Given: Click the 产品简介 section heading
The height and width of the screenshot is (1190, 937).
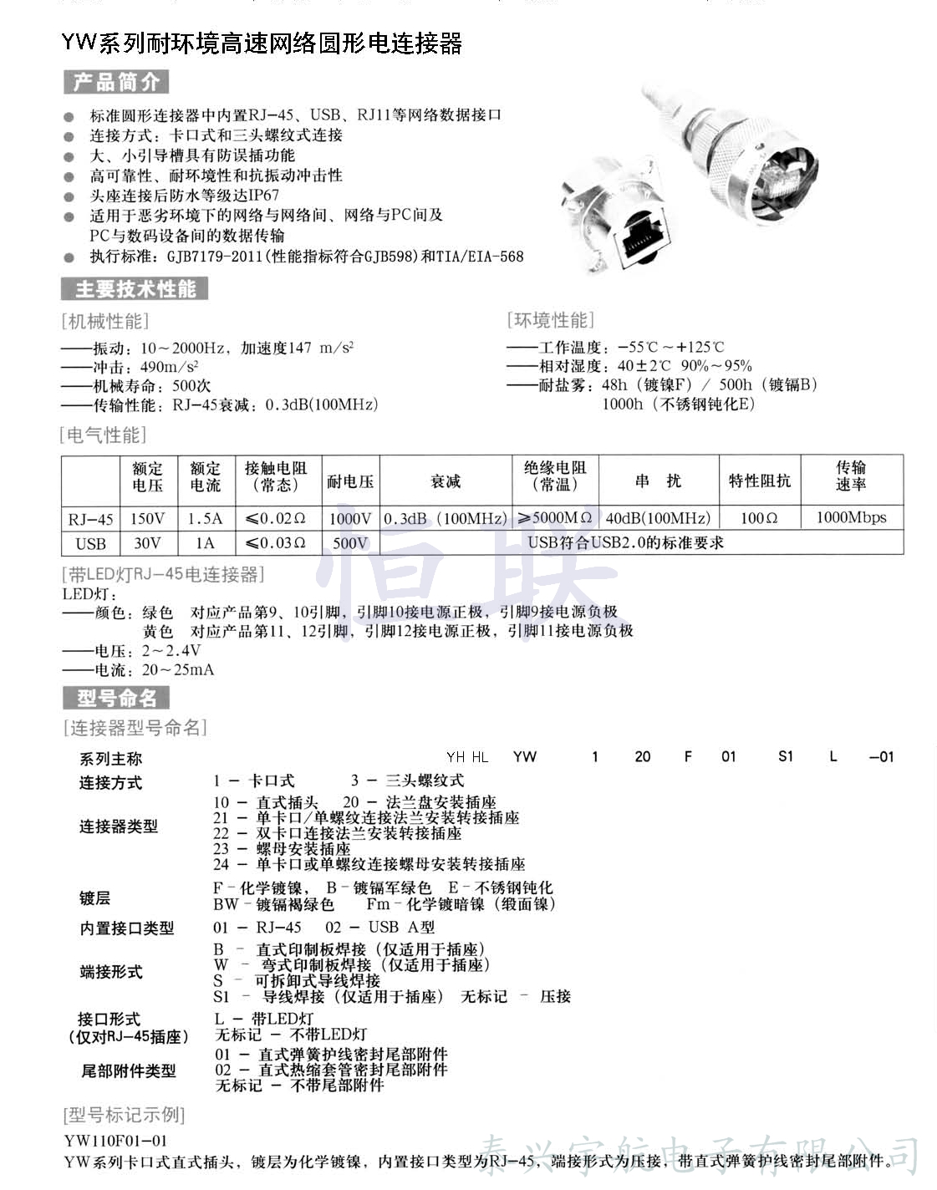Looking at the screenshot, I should [x=116, y=82].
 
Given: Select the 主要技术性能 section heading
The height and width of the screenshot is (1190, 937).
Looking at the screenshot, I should [x=135, y=289].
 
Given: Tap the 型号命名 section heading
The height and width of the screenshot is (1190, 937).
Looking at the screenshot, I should [x=116, y=698].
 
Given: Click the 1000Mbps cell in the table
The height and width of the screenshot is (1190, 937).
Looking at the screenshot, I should [x=851, y=517].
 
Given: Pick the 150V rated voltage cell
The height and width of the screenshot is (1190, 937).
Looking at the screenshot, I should [x=147, y=518].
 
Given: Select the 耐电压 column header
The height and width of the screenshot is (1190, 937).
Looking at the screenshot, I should [x=350, y=481].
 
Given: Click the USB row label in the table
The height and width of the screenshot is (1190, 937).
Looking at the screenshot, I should [x=90, y=543].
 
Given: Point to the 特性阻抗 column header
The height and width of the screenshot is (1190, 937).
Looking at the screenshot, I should [x=759, y=481].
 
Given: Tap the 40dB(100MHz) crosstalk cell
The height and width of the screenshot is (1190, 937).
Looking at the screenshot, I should [x=658, y=518].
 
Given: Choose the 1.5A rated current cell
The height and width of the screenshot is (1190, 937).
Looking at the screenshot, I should [x=205, y=518].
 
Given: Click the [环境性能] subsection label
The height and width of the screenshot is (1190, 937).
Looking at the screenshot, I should [x=550, y=320].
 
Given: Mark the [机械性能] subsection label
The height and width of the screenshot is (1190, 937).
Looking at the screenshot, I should [x=104, y=321].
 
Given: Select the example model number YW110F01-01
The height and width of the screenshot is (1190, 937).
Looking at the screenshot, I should [x=115, y=1140].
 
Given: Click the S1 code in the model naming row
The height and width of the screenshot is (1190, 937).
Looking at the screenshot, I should [x=785, y=756].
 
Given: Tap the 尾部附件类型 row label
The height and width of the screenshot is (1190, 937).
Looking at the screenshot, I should [x=128, y=1070].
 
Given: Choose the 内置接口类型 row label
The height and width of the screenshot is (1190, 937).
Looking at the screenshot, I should [x=126, y=928].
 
